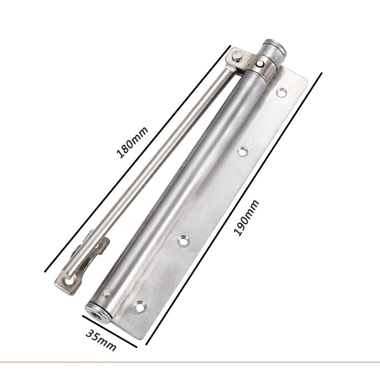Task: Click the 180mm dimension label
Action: [133, 142]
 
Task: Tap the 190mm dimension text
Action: [246, 218]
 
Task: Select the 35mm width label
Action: [101, 340]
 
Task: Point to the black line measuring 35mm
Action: [110, 331]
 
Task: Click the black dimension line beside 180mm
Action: [137, 159]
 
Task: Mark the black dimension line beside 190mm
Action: [234, 209]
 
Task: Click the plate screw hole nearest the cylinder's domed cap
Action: [282, 93]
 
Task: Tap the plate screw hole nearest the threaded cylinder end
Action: [140, 307]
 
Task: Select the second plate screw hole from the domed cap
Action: [242, 152]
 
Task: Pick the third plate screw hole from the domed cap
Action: [183, 241]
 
